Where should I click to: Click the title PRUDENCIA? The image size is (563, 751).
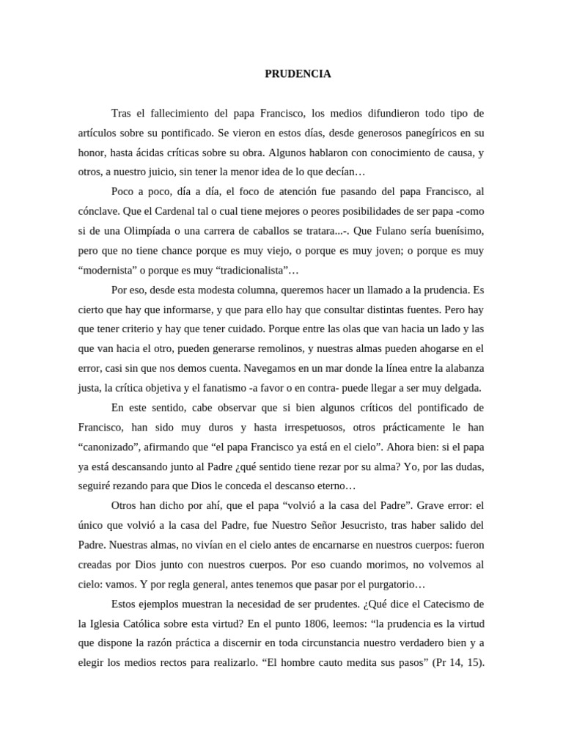point(298,74)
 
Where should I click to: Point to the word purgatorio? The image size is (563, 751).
point(392,585)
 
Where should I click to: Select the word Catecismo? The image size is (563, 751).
point(438,604)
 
